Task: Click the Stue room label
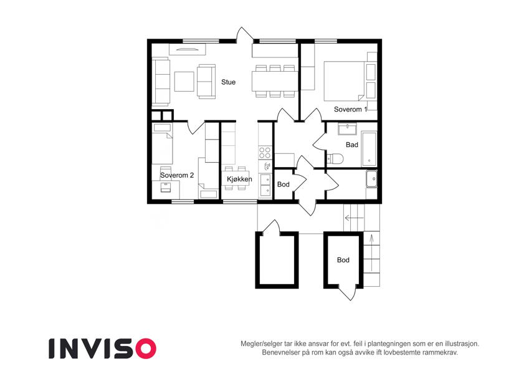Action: click(x=229, y=82)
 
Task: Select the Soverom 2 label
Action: click(x=177, y=175)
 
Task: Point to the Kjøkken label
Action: click(x=239, y=179)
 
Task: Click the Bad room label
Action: click(x=352, y=145)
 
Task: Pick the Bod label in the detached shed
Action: click(x=343, y=260)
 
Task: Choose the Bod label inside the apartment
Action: click(x=284, y=185)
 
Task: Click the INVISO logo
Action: click(x=103, y=348)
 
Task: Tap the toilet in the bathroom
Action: click(x=335, y=158)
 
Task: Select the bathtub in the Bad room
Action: click(x=369, y=149)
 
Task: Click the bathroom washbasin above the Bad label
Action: click(x=347, y=129)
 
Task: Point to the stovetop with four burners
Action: click(x=265, y=152)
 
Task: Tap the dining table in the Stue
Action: click(x=275, y=81)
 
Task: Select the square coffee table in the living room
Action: click(x=184, y=82)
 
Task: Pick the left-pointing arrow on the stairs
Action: click(x=355, y=218)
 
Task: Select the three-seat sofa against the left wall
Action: click(x=161, y=82)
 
